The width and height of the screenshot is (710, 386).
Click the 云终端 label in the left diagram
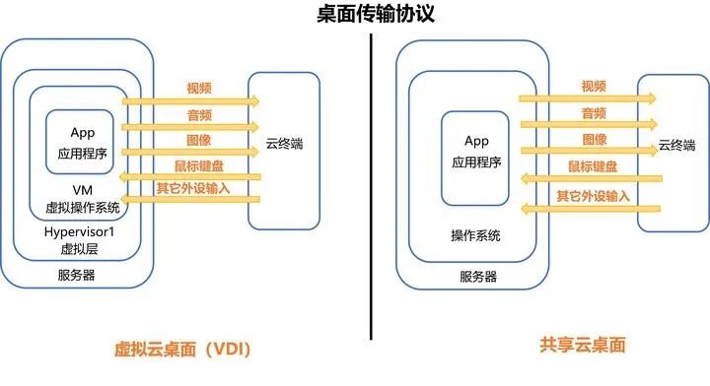click(284, 145)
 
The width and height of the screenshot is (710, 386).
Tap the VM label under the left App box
click(83, 189)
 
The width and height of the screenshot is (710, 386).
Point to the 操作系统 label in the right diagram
click(475, 236)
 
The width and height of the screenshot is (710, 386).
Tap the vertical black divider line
click(373, 197)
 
